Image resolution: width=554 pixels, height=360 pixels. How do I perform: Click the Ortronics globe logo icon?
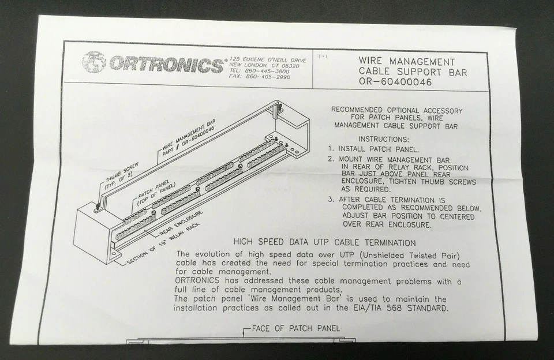click(x=93, y=62)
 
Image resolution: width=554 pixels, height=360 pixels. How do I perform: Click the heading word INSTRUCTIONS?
click(x=384, y=139)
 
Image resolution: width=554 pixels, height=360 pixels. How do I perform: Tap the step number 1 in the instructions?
click(x=332, y=149)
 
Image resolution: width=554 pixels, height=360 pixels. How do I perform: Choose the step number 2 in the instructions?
click(x=332, y=159)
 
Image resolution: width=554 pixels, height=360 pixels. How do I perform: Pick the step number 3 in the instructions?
click(x=332, y=200)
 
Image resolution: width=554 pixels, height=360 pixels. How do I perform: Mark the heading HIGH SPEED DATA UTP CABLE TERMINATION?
click(x=324, y=243)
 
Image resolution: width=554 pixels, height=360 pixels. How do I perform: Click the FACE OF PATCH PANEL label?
click(x=296, y=329)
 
